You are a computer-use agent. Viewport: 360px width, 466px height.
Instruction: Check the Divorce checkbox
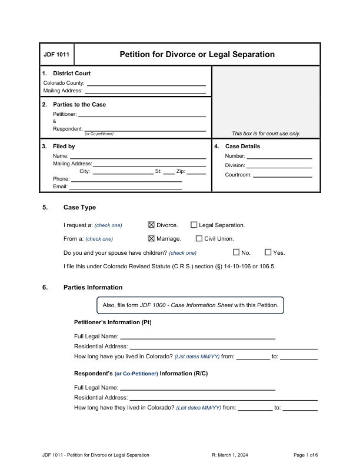[x=151, y=225]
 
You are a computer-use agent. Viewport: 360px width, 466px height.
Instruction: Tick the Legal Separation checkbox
[x=194, y=225]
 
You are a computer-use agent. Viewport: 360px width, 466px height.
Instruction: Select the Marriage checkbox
[x=151, y=238]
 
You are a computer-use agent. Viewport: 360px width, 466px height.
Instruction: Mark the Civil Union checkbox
[x=199, y=238]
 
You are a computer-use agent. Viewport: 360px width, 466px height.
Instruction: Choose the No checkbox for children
[x=236, y=252]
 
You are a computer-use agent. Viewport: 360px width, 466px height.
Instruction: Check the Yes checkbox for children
[x=268, y=252]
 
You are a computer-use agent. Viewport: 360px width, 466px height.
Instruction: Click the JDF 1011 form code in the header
[x=56, y=55]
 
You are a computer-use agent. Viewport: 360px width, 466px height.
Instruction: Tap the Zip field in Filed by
[x=196, y=171]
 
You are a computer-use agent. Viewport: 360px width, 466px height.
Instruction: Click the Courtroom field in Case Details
[x=282, y=175]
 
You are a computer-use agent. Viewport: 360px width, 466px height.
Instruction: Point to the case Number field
[x=279, y=157]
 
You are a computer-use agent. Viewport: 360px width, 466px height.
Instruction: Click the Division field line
[x=279, y=165]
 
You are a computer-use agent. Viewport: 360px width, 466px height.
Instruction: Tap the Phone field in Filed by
[x=126, y=179]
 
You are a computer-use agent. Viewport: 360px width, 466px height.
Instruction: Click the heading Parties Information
[x=93, y=287]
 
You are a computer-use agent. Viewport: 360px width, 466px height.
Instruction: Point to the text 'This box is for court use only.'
[x=266, y=134]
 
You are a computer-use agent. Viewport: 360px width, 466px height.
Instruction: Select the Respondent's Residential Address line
[x=224, y=398]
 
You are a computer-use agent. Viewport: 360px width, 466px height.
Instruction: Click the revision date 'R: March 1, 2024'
[x=234, y=455]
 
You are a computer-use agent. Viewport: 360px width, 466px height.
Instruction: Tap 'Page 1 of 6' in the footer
[x=305, y=455]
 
